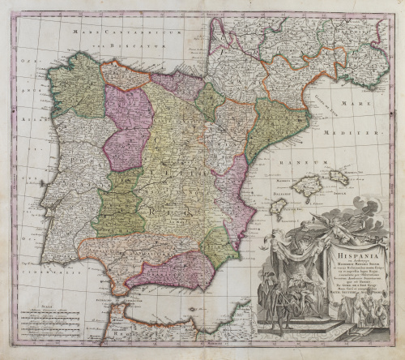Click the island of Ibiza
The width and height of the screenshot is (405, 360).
(278, 208)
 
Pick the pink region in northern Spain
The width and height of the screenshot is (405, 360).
(127, 126)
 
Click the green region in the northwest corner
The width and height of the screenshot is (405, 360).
(77, 85)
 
